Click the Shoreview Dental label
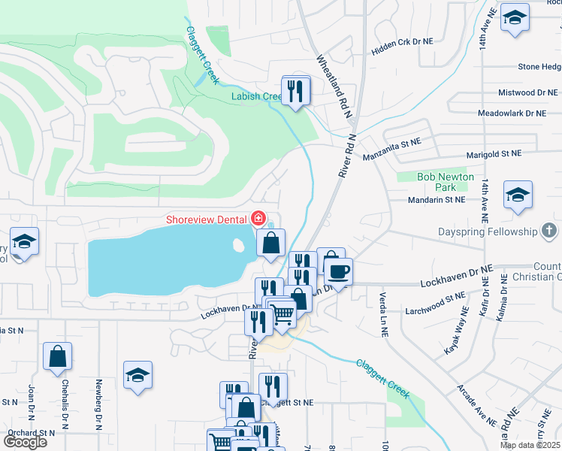[x=207, y=219]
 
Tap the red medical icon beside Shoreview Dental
[x=258, y=219]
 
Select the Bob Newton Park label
[x=446, y=182]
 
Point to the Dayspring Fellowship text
[x=491, y=232]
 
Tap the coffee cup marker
[x=338, y=271]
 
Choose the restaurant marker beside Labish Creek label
[x=296, y=91]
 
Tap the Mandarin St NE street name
[x=437, y=200]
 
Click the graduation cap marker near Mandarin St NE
[x=518, y=195]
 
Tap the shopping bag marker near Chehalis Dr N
[x=58, y=357]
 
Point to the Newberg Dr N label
[x=98, y=409]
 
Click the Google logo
[x=25, y=442]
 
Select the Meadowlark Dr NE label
[x=512, y=114]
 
